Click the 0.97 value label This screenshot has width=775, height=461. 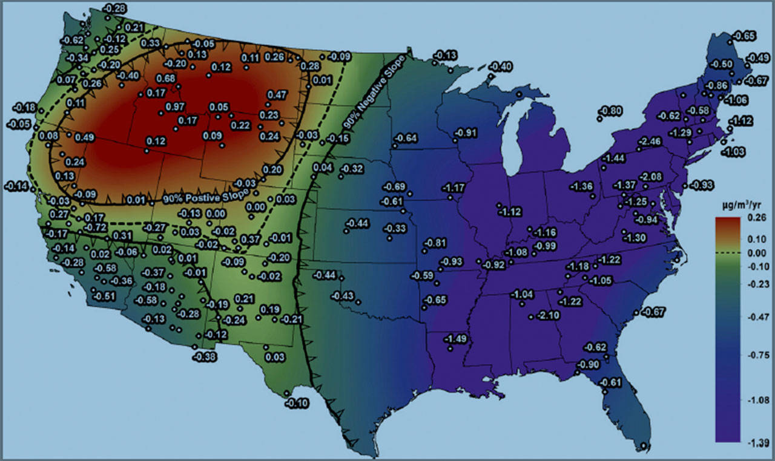175,107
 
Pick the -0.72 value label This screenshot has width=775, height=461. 95,227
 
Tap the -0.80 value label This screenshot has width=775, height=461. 610,111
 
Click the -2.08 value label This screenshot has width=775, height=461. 651,176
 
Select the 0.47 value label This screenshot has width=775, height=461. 277,94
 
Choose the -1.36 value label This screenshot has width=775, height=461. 582,186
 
